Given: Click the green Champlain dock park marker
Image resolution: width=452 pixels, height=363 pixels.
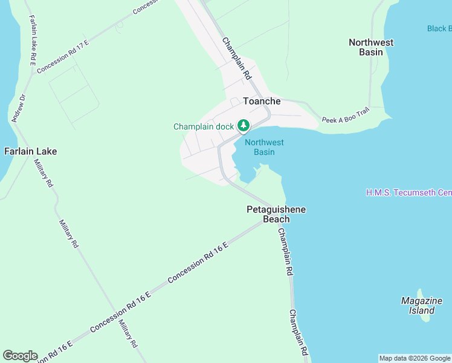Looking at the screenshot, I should (243, 126).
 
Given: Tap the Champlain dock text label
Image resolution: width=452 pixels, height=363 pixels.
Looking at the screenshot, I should (203, 126).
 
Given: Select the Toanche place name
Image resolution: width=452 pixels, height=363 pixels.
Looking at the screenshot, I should (262, 101).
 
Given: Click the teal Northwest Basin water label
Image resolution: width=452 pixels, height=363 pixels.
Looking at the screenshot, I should (264, 147).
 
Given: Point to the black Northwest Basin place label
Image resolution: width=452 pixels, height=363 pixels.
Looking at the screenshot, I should (371, 47).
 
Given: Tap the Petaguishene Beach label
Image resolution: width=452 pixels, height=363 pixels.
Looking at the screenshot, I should (276, 214).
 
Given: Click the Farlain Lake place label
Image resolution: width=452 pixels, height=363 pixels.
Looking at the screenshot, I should (31, 151).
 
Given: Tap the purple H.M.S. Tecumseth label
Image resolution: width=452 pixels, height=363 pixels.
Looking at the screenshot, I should (408, 192).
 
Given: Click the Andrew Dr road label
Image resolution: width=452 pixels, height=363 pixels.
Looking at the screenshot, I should (19, 108).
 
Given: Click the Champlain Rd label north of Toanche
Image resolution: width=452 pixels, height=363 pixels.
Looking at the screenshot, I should (236, 59).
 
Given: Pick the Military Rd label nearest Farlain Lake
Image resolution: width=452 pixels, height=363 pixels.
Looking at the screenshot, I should (43, 173).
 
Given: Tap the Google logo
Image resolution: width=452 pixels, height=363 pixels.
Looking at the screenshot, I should (20, 356).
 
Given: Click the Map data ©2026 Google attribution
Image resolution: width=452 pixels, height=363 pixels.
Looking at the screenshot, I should (415, 358).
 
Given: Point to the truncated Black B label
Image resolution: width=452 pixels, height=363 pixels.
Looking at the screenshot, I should (439, 28).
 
